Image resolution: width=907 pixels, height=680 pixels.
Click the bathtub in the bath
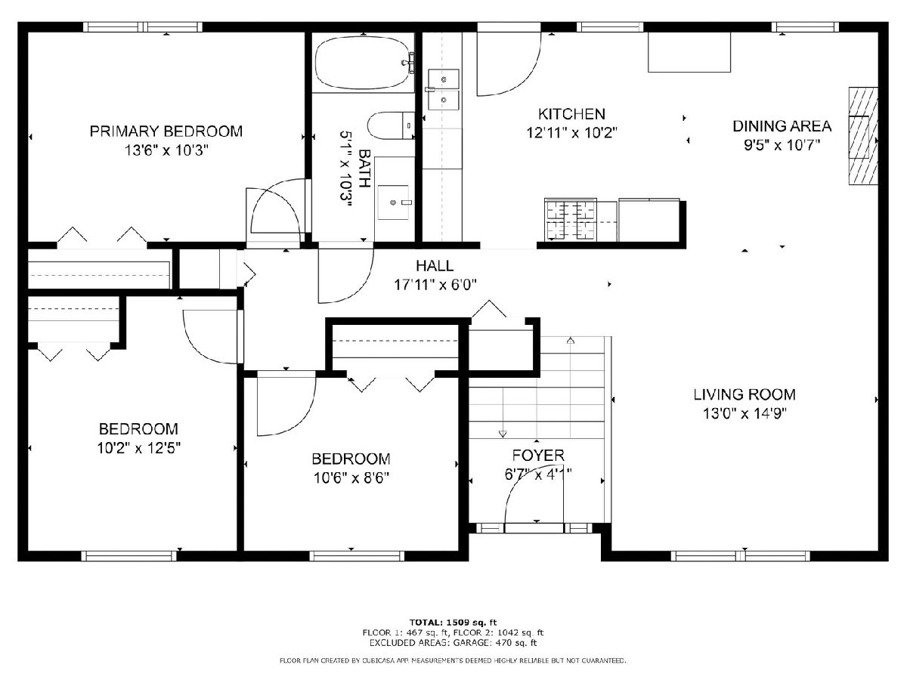(x=364, y=63)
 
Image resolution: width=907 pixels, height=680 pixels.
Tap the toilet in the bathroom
(x=391, y=125)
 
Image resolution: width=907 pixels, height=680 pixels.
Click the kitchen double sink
(x=444, y=90)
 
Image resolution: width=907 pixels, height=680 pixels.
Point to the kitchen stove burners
(x=571, y=220)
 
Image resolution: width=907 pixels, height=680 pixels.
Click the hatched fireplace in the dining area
(x=863, y=136)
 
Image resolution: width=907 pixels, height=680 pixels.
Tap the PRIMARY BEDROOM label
(x=166, y=131)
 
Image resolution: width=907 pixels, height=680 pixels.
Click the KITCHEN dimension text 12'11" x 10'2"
(x=572, y=133)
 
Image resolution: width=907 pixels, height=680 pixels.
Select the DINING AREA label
(x=782, y=126)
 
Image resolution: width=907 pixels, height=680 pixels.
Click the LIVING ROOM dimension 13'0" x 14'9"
(x=744, y=413)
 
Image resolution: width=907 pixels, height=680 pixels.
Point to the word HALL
(x=435, y=266)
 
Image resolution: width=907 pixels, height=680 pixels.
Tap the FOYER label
(x=538, y=456)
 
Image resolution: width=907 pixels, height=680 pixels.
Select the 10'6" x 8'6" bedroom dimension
(x=351, y=478)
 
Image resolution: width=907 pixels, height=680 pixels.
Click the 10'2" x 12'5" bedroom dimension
(x=139, y=448)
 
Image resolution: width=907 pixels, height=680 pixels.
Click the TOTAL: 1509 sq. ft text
(x=453, y=623)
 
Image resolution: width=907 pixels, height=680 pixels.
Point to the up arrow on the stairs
(x=571, y=341)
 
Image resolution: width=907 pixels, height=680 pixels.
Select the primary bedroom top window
(x=143, y=27)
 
